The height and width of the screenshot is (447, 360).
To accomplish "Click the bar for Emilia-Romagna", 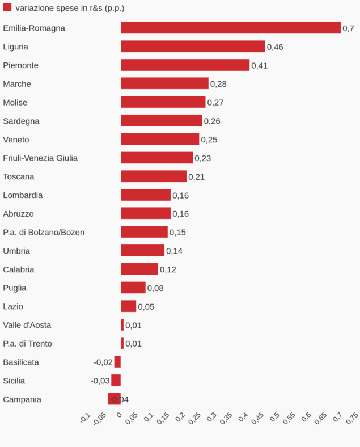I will pyautogui.click(x=230, y=28).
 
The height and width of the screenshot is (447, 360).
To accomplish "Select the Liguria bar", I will pyautogui.click(x=193, y=47).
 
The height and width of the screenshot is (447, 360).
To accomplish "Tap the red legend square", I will pyautogui.click(x=7, y=7).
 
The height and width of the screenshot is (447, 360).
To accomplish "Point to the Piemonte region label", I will pyautogui.click(x=20, y=65).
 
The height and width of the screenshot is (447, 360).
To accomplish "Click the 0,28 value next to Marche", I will pyautogui.click(x=218, y=84).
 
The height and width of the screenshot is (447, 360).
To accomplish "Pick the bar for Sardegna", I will pyautogui.click(x=161, y=121).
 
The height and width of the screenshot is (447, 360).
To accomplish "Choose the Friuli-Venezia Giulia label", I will pyautogui.click(x=40, y=158).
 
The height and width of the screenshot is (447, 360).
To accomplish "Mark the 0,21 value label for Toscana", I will pyautogui.click(x=196, y=176).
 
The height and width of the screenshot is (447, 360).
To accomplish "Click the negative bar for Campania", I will pyautogui.click(x=114, y=399).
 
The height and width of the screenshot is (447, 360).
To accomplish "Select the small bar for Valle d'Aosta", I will pyautogui.click(x=122, y=325).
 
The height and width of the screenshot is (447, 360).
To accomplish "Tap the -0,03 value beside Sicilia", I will pyautogui.click(x=100, y=381).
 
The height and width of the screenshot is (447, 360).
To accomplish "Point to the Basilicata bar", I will pyautogui.click(x=117, y=362).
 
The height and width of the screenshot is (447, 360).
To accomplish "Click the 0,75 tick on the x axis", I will pyautogui.click(x=351, y=418).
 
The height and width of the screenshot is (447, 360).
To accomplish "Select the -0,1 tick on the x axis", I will pyautogui.click(x=86, y=418).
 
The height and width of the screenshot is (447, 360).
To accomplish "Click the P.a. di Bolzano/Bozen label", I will pyautogui.click(x=44, y=232).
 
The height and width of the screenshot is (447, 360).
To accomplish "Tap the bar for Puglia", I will pyautogui.click(x=133, y=288).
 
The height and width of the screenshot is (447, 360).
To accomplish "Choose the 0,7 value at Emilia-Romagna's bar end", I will pyautogui.click(x=348, y=28).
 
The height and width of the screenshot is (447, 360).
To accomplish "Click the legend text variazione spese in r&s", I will pyautogui.click(x=70, y=8).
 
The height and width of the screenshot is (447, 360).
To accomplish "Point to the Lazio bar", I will pyautogui.click(x=128, y=306).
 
